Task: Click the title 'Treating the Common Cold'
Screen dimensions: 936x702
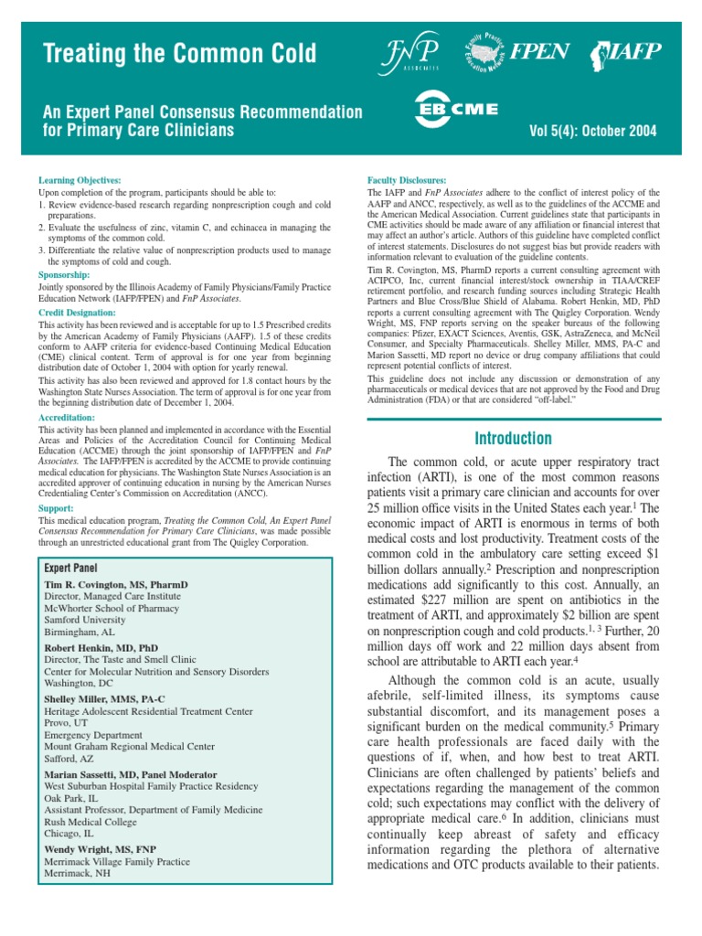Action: (x=180, y=54)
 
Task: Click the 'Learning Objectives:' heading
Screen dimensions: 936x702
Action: (x=80, y=181)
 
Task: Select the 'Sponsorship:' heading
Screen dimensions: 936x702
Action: (x=64, y=274)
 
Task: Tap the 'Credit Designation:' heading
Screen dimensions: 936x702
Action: (x=78, y=313)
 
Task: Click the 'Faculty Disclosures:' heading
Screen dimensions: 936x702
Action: (x=406, y=181)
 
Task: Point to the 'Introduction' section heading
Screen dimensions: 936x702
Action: (x=513, y=438)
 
